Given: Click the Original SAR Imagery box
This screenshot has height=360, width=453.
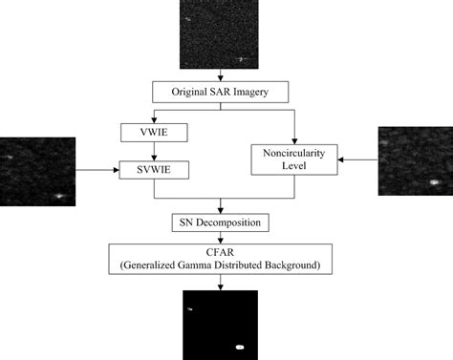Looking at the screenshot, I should pos(221,93).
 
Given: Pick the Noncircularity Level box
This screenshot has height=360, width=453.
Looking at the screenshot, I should pos(296,159).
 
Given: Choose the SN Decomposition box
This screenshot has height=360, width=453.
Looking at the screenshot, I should pos(221,222).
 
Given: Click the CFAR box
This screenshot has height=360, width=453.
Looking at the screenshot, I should pos(221,255).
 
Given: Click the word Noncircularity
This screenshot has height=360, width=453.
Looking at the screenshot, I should pos(296,152).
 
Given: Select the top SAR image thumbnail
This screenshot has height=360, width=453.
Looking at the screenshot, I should pos(220,34).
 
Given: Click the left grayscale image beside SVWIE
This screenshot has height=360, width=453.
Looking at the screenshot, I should pos(37,171).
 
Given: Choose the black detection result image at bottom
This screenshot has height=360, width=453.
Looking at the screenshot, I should pos(221,324).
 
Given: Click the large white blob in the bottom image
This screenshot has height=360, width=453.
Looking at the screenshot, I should pos(241,348).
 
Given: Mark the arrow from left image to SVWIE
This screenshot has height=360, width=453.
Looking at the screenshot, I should pos(96,171).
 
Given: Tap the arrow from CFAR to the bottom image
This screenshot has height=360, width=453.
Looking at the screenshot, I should pos(221,282).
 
